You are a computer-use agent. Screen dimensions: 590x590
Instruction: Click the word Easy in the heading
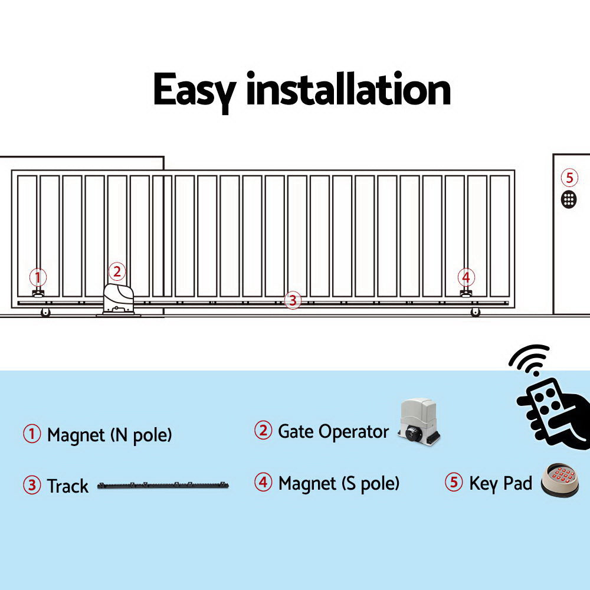click(194, 90)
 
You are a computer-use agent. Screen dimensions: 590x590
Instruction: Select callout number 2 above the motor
click(117, 272)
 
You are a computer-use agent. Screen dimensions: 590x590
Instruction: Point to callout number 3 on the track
click(292, 300)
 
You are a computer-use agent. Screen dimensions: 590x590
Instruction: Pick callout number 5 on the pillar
click(569, 178)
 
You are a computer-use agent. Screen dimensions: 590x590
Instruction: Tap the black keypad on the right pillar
click(569, 199)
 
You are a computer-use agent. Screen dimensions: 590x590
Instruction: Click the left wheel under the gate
click(45, 312)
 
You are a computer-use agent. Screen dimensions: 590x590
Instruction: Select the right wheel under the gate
click(476, 312)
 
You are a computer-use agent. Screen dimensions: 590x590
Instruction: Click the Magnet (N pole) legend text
click(109, 435)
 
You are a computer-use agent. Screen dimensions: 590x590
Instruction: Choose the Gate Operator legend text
click(333, 431)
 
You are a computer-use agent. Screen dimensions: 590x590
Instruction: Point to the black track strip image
click(163, 486)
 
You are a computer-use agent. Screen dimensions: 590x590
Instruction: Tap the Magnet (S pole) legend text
click(339, 484)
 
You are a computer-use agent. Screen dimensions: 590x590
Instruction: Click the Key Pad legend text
click(500, 483)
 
